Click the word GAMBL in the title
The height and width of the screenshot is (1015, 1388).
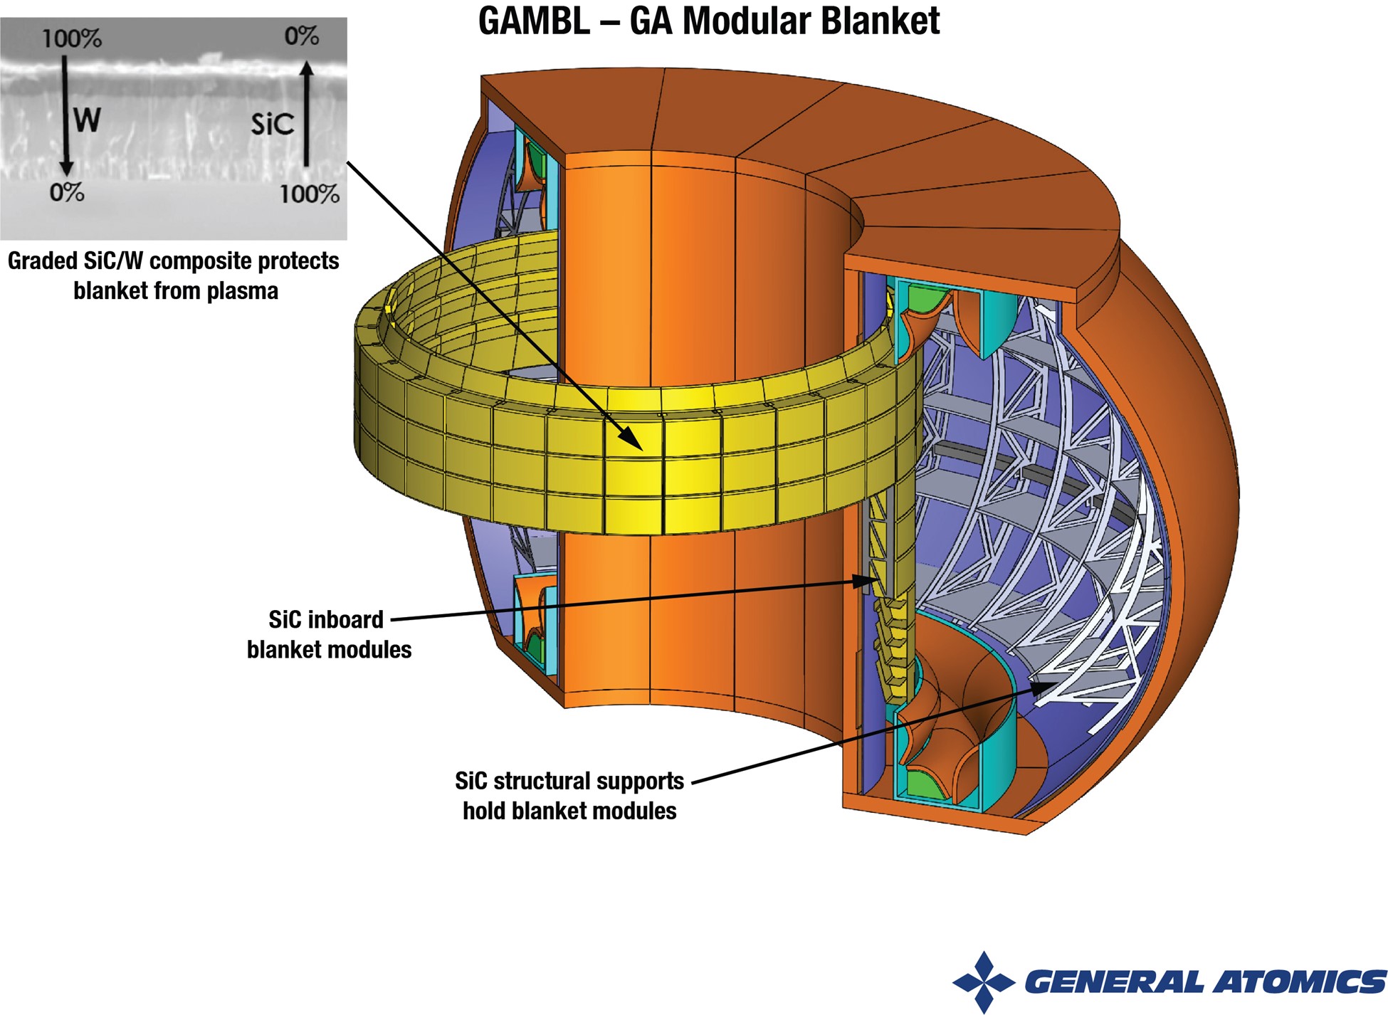534,21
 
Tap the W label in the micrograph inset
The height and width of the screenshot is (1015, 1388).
87,120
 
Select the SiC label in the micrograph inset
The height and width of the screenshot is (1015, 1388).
272,124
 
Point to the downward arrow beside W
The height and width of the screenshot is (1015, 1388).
65,114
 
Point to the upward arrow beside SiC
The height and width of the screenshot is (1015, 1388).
306,114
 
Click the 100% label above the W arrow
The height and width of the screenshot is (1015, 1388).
71,38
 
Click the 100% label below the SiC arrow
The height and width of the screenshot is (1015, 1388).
309,194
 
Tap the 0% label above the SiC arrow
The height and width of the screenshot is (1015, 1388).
301,36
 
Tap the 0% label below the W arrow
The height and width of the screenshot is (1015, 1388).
67,192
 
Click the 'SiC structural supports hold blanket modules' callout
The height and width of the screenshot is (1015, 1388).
569,796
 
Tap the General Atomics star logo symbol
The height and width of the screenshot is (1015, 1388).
984,982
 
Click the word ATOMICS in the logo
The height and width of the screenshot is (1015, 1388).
1300,982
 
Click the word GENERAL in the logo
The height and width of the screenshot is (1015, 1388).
1115,982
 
